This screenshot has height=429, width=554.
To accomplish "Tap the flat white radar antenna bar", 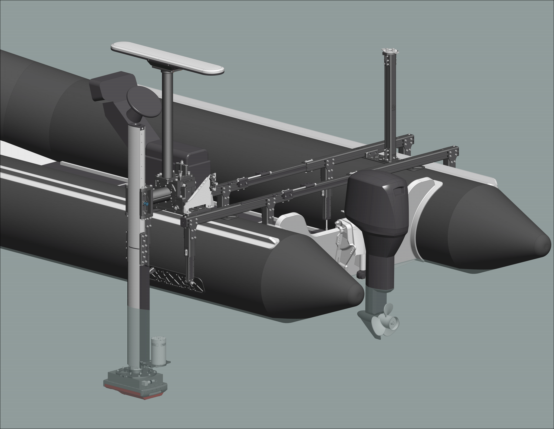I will (x=168, y=58).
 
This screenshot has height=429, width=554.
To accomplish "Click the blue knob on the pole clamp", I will (x=146, y=203).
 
